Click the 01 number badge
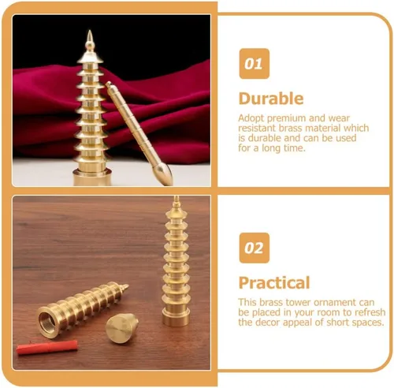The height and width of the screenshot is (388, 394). [x=254, y=64]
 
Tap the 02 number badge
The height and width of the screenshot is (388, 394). [x=254, y=248]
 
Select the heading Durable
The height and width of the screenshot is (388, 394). [x=271, y=99]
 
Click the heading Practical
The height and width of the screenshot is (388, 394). [x=274, y=283]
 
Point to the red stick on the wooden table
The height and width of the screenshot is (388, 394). [x=47, y=347]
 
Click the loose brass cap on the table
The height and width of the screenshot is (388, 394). [x=121, y=327]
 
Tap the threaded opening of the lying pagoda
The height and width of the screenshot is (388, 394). [x=47, y=321]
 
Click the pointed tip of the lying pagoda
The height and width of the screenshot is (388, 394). [x=128, y=285]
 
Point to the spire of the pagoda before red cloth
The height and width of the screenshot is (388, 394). [x=90, y=41]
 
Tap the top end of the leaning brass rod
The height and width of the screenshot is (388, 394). [x=108, y=84]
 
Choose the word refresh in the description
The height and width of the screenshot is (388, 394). [x=370, y=312]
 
